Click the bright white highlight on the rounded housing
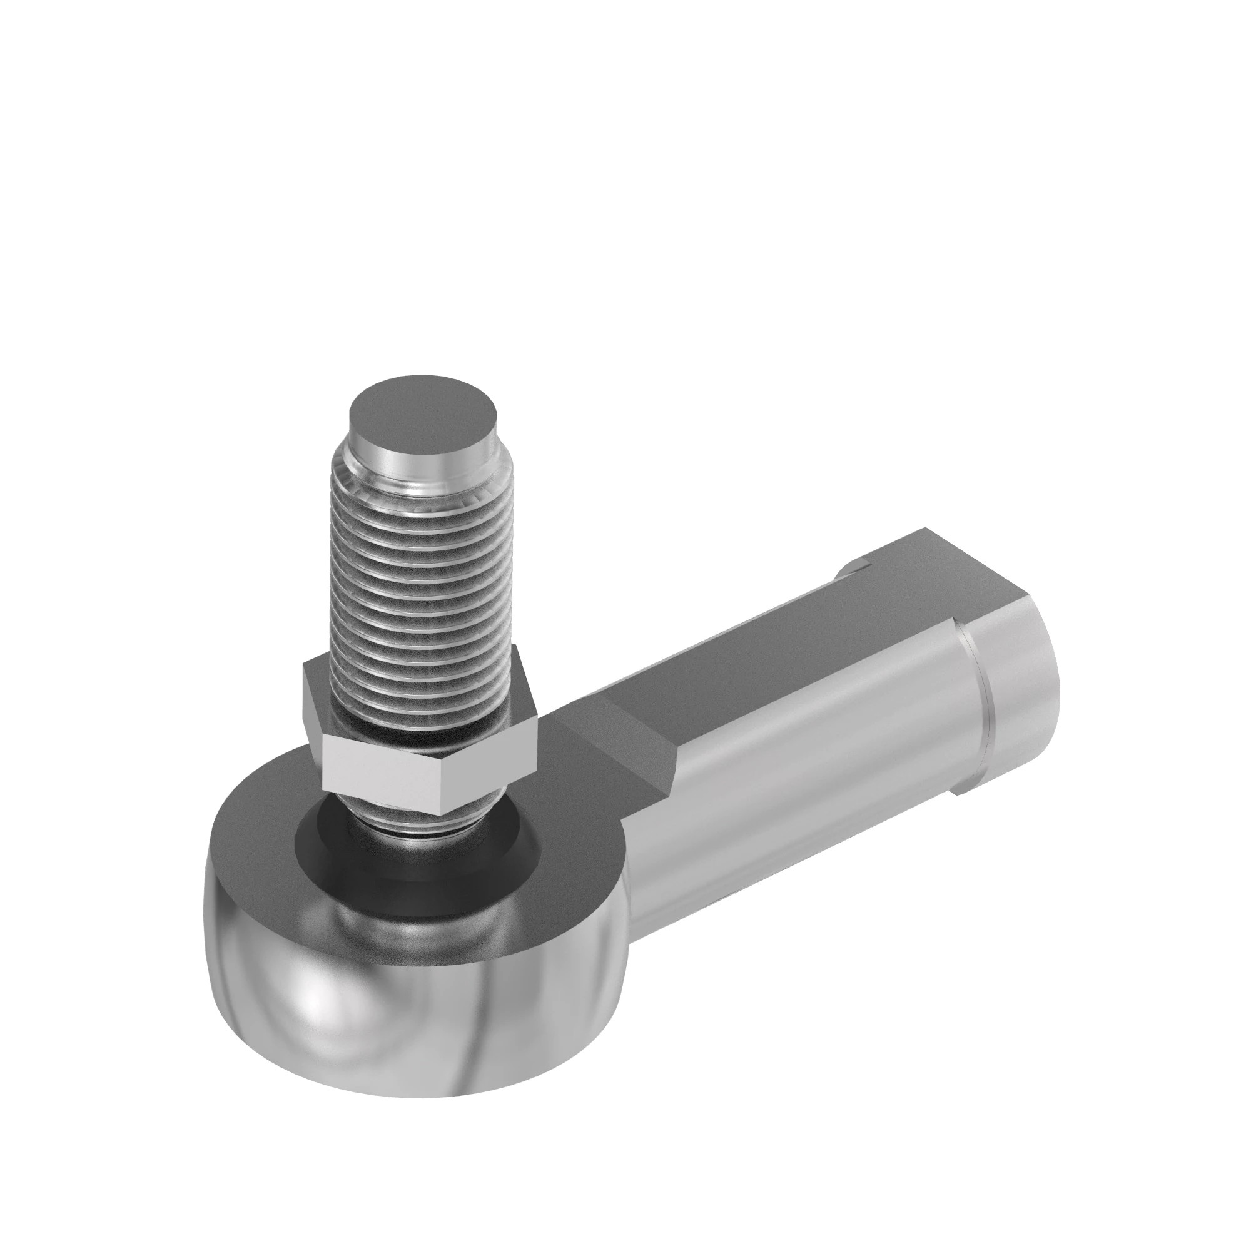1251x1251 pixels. (311, 1000)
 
